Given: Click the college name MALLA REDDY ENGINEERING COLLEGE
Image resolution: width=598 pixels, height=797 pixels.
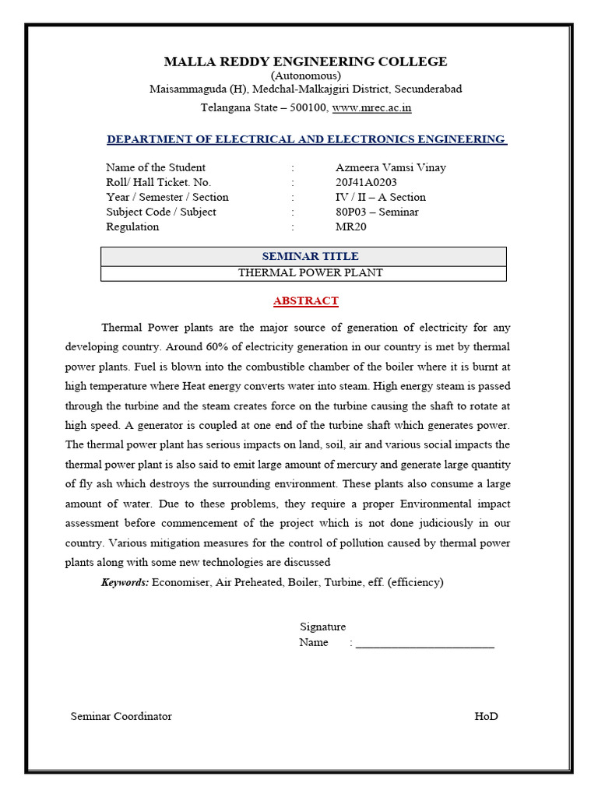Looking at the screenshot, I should click(305, 61).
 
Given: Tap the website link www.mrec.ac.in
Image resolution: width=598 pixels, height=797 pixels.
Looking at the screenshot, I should click(371, 108).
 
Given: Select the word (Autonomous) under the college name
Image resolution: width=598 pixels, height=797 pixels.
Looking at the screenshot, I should click(305, 75).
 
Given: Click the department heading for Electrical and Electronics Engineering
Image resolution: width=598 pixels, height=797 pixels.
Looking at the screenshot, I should click(305, 139).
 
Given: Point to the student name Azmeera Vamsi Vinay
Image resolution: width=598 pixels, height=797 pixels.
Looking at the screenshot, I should click(390, 167).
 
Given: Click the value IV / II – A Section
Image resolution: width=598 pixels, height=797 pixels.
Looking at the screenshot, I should click(380, 197).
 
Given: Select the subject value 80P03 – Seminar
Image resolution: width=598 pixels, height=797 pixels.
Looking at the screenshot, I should click(377, 212).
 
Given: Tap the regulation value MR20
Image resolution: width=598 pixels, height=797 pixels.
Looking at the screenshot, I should click(350, 226).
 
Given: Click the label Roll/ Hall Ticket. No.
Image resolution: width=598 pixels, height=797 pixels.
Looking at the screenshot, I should click(158, 182).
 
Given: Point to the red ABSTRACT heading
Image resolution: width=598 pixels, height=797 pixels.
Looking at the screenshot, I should click(305, 300).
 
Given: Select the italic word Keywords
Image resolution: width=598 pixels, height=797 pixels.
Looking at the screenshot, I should click(125, 582).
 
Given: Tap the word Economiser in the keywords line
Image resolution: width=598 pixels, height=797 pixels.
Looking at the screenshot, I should click(181, 582).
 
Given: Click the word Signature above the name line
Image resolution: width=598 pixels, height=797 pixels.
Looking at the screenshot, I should click(322, 627).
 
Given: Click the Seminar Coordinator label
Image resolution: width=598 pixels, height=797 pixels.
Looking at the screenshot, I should click(121, 716).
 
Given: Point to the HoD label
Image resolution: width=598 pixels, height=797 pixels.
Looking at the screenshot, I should click(486, 716).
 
